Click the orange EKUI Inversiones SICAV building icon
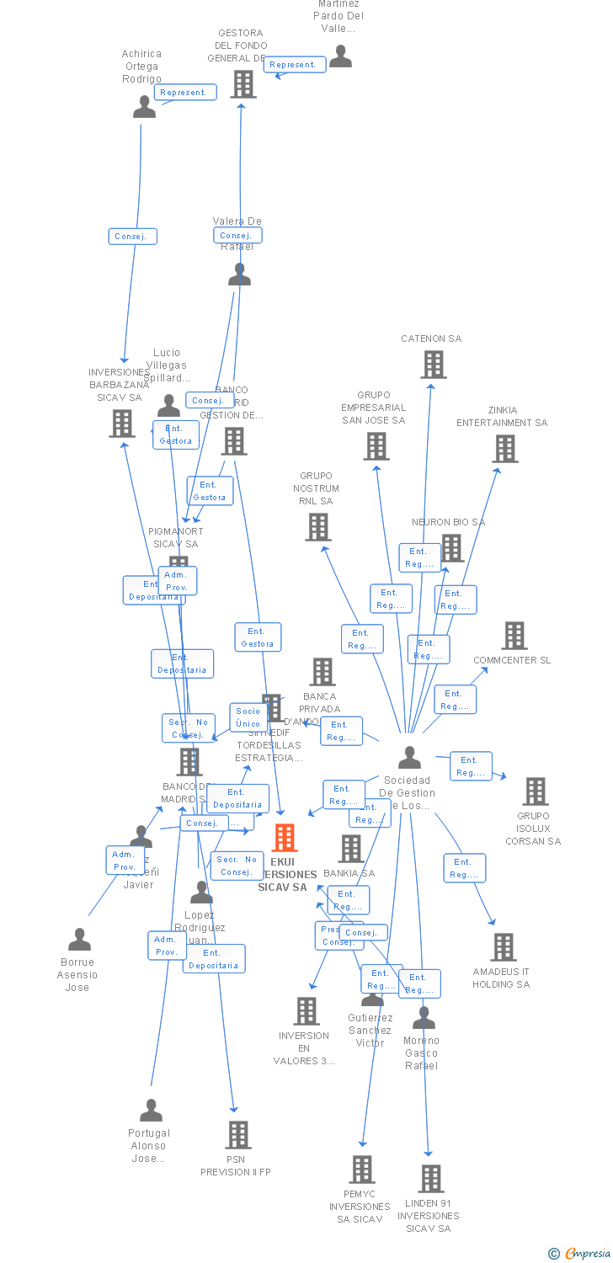(x=285, y=838)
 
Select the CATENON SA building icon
(x=433, y=365)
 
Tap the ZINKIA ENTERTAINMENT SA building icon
(x=504, y=449)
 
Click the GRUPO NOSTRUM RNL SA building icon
(x=317, y=527)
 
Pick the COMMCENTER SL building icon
(x=514, y=636)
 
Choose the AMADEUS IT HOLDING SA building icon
(x=503, y=947)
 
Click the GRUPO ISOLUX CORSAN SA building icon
(x=535, y=791)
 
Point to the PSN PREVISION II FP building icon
(x=237, y=1135)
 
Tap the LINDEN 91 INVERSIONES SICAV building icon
(x=430, y=1179)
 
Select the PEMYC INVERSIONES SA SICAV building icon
(x=361, y=1170)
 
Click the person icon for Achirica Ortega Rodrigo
(x=144, y=107)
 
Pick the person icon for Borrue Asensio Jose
(x=79, y=940)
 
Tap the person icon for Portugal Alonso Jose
(x=151, y=1111)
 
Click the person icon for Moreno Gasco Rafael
(x=424, y=1018)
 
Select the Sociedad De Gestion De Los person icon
(x=409, y=758)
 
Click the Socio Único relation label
(x=248, y=717)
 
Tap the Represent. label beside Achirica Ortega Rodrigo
(x=185, y=93)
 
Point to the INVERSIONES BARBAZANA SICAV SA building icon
(x=121, y=424)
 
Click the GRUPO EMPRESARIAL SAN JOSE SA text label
(x=373, y=408)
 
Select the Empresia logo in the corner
(x=580, y=1254)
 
